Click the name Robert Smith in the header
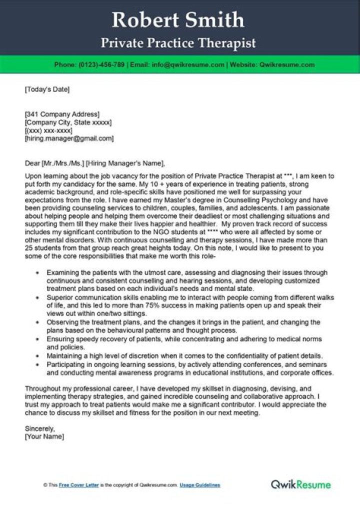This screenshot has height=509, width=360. [x=178, y=20]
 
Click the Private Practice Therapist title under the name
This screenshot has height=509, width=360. [x=178, y=43]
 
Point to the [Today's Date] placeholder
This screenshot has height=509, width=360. [x=47, y=90]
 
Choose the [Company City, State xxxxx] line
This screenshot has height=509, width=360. [x=68, y=122]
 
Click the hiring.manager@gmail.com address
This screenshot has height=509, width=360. [x=69, y=138]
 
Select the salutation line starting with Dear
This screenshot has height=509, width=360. [x=94, y=163]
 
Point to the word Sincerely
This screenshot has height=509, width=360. [x=39, y=428]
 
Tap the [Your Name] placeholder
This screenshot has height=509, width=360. [x=44, y=436]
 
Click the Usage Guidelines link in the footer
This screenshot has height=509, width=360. [x=200, y=485]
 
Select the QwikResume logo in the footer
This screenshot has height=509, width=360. [x=300, y=484]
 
